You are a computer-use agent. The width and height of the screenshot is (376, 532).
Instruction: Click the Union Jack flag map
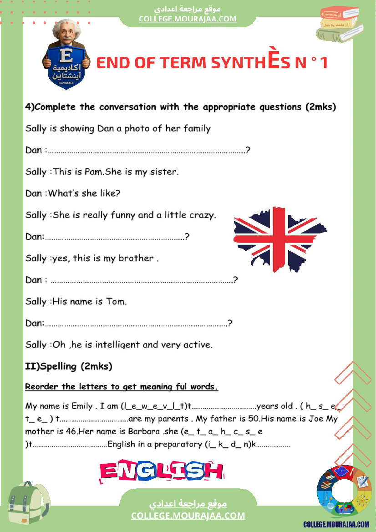pyautogui.click(x=278, y=238)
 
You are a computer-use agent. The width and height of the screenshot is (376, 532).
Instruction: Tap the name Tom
pyautogui.click(x=116, y=301)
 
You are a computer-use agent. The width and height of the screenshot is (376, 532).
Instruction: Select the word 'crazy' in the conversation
pyautogui.click(x=202, y=215)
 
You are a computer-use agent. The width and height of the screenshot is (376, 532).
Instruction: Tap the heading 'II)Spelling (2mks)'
pyautogui.click(x=68, y=366)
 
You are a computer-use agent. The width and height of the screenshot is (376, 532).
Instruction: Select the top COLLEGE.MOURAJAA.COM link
pyautogui.click(x=188, y=19)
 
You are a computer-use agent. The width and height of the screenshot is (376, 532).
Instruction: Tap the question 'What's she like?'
pyautogui.click(x=84, y=193)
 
